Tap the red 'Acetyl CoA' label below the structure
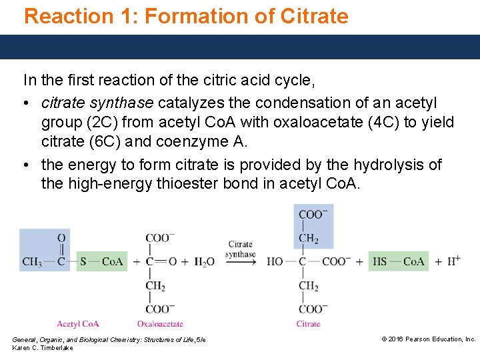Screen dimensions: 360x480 click(x=78, y=324)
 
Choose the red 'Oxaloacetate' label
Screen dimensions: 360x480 click(x=161, y=324)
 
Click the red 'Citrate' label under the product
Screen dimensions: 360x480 click(x=309, y=324)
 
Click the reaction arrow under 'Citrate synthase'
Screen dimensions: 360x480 click(x=241, y=262)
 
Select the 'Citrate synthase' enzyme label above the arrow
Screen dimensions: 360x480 click(x=241, y=249)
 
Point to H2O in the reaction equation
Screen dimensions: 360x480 click(x=204, y=262)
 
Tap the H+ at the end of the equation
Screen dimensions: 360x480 click(x=453, y=261)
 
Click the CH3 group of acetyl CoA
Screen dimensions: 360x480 click(x=31, y=262)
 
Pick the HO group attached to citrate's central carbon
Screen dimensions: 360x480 click(x=275, y=262)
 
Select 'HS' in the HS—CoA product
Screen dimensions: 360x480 click(x=379, y=262)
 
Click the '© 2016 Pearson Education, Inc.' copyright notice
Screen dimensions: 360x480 click(x=428, y=339)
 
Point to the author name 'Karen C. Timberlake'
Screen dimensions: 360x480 click(x=43, y=348)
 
